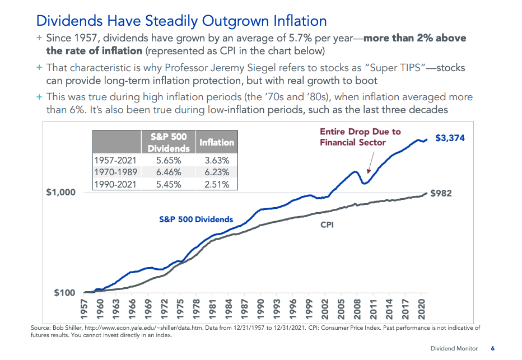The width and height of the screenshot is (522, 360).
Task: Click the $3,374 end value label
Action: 450,138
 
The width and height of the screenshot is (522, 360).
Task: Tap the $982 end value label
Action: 441,193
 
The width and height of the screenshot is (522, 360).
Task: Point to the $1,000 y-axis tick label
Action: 61,192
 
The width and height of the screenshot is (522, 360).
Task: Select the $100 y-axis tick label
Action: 64,293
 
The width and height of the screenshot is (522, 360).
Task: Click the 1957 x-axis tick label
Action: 84,309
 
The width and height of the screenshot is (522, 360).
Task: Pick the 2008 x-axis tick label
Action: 357,309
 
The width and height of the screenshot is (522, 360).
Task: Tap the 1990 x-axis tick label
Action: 260,309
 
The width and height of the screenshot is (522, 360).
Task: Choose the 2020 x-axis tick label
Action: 421,309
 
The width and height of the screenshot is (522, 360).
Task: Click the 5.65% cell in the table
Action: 169,160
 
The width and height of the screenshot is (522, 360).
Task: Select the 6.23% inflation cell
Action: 217,172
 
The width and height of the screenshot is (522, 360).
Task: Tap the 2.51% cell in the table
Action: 217,184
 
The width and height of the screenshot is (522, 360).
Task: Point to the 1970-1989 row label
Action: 115,172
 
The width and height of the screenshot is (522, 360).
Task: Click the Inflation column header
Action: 217,142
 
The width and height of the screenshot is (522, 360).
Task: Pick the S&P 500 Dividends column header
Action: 169,142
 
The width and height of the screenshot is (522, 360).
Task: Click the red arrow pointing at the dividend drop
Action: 371,162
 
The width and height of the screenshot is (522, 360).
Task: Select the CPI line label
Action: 327,225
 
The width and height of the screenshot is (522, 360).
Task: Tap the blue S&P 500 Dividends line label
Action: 196,219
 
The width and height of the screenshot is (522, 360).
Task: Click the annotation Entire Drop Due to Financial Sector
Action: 360,137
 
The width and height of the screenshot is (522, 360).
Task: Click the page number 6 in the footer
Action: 493,348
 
